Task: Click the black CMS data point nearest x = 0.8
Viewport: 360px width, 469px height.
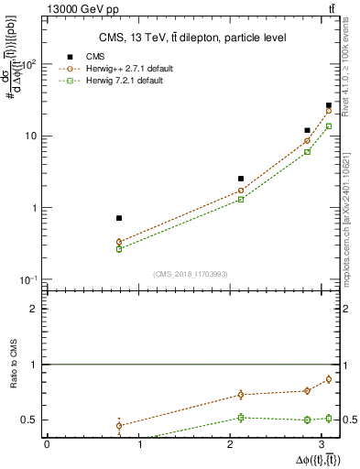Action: tap(119, 218)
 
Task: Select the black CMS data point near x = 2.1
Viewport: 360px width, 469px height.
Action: tap(241, 179)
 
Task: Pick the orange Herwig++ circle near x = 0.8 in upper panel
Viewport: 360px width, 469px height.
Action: tap(119, 242)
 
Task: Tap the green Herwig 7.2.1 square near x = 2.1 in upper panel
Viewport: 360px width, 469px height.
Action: tap(241, 199)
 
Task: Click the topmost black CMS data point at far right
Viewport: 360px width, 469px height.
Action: tap(329, 105)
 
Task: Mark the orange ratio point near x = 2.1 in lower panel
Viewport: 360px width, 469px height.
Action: tap(241, 395)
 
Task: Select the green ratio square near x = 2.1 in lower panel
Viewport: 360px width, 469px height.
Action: tap(241, 418)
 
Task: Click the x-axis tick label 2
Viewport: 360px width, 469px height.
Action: tap(233, 445)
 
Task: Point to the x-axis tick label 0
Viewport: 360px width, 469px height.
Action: tap(47, 445)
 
